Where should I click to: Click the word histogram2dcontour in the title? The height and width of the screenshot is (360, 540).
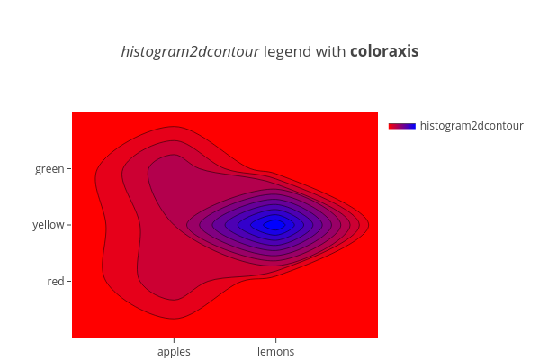point(190,52)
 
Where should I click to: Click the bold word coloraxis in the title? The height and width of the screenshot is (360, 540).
point(384,51)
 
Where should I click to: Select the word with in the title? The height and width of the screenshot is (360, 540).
point(330,51)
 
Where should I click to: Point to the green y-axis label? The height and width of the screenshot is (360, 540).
point(49,169)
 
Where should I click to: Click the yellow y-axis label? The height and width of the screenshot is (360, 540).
point(49,225)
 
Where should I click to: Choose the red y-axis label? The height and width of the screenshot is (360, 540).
point(56,282)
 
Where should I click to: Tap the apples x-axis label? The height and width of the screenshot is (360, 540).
point(174,352)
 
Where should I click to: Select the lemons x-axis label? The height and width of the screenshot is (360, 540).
point(276,351)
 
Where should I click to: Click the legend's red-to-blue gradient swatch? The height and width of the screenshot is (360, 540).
point(402,126)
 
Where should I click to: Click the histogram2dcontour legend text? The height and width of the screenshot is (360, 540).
point(472,126)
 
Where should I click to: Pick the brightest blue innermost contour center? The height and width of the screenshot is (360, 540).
point(274,225)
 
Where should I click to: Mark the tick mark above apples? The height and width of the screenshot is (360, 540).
point(174,340)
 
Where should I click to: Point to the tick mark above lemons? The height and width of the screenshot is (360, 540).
point(276,340)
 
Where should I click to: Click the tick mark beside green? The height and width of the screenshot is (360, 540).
point(69,169)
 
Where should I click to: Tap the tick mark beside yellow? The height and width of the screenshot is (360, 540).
point(69,225)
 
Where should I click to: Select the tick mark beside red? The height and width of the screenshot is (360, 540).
point(69,282)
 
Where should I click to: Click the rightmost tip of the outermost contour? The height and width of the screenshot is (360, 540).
point(369,225)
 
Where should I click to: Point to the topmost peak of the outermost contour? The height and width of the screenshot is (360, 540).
point(172,126)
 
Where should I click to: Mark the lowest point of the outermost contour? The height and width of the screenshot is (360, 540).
point(173,319)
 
